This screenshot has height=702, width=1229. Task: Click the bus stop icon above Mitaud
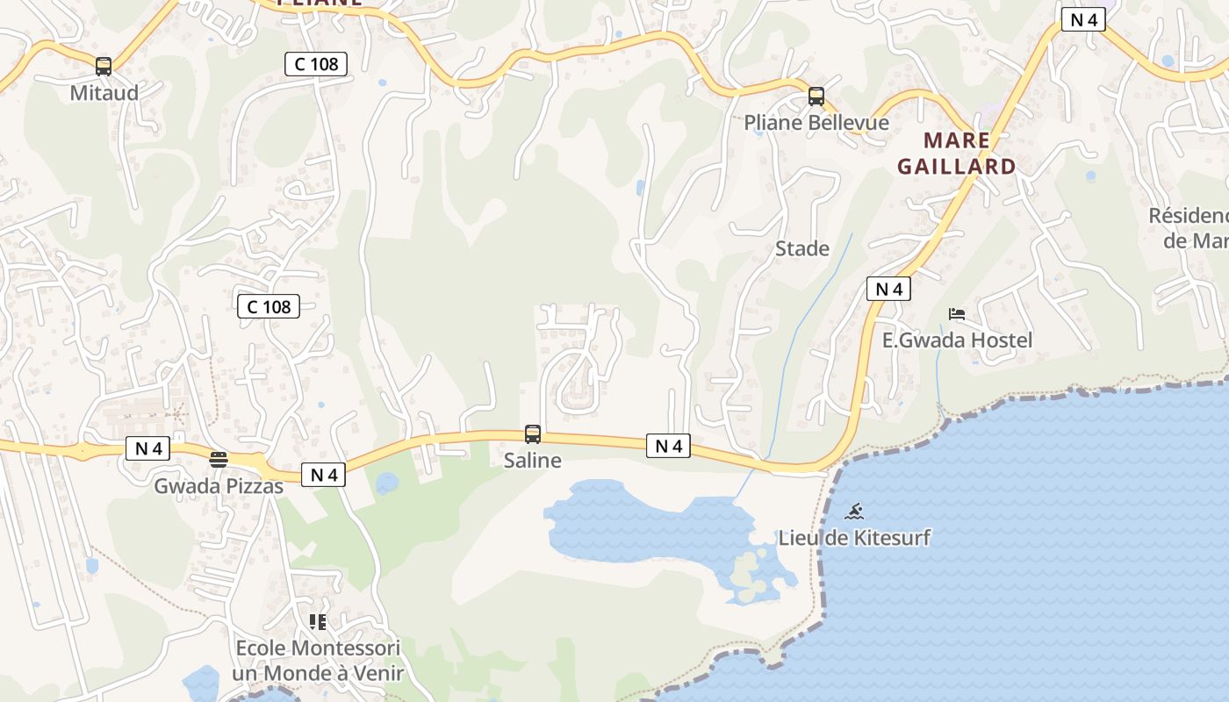[x=104, y=66]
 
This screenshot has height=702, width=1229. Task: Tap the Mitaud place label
[x=104, y=92]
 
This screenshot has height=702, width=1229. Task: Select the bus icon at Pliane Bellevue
[x=816, y=96]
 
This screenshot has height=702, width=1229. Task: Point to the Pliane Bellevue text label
[x=816, y=123]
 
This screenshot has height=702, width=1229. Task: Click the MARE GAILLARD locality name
[x=957, y=154]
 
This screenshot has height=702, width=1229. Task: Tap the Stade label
[x=802, y=249]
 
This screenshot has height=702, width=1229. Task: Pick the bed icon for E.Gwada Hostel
[x=957, y=314]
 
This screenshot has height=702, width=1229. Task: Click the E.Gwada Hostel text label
[x=957, y=340]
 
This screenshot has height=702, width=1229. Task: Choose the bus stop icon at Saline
[x=533, y=433]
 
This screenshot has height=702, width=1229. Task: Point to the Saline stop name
[x=533, y=460]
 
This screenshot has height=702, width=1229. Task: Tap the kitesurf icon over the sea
[x=854, y=511]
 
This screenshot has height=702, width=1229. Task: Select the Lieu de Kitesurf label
[x=854, y=538]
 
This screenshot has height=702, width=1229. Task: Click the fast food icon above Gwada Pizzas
[x=219, y=459]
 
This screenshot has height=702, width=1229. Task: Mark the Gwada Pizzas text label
[x=219, y=486]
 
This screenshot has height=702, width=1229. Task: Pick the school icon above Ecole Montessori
[x=318, y=622]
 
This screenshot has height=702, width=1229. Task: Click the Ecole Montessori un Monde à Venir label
[x=318, y=661]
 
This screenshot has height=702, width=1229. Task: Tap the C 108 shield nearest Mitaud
[x=316, y=63]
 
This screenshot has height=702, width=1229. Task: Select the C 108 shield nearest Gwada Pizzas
[x=269, y=306]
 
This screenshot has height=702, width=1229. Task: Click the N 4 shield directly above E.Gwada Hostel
[x=888, y=289]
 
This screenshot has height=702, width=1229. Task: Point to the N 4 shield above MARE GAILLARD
[x=1083, y=19]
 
